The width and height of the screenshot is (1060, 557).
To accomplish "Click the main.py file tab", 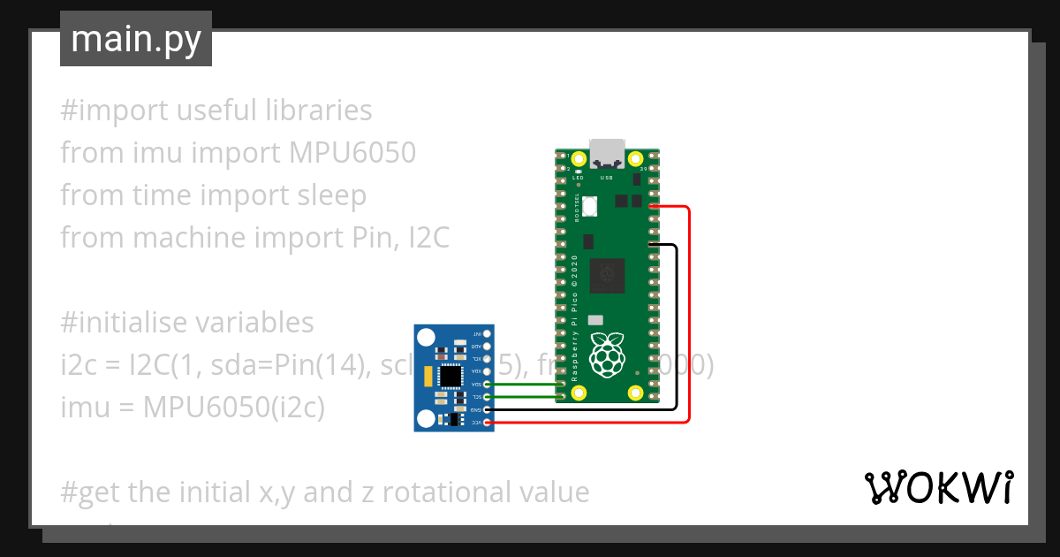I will [136, 39].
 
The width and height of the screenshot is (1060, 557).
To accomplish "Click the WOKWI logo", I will [938, 487].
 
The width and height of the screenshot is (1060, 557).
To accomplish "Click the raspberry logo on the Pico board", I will [607, 354].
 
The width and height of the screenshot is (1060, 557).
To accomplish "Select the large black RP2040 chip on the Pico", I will [607, 274].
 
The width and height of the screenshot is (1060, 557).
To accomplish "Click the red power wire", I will [688, 318].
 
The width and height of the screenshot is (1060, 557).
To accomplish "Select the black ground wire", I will [677, 327].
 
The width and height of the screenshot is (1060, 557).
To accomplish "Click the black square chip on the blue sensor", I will [450, 377].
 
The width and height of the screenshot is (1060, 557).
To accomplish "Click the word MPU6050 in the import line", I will [352, 153].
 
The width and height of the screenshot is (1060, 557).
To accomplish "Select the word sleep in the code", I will [328, 195].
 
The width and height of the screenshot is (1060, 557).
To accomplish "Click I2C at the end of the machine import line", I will [428, 238].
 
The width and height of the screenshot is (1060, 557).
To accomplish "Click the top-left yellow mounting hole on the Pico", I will [579, 160].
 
